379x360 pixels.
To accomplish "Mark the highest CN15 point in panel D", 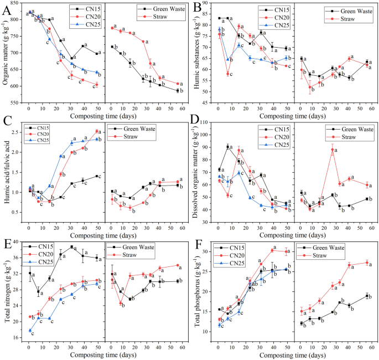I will tap(228, 147).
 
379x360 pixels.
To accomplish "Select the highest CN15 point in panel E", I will tap(72, 247).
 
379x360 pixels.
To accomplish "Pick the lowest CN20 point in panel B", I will tap(228, 74).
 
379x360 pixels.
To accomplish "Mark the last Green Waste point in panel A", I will tap(178, 90).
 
